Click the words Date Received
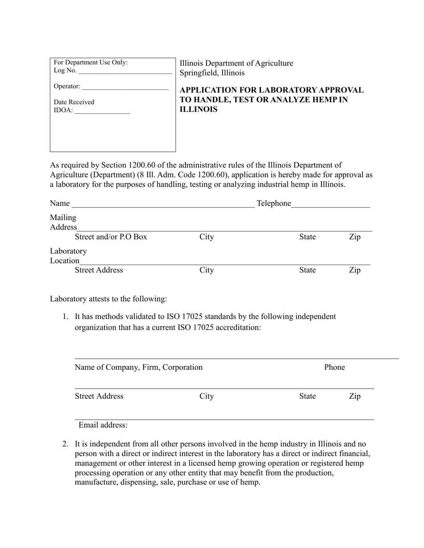click(x=74, y=102)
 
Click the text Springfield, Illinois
click(x=212, y=73)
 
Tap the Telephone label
click(x=274, y=204)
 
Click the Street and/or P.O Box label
click(x=111, y=237)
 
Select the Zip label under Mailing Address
click(x=354, y=237)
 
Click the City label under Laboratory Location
click(x=207, y=270)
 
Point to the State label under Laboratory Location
click(x=308, y=270)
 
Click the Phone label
click(x=334, y=367)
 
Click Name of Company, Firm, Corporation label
click(x=138, y=367)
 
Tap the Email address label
click(x=103, y=425)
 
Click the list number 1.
click(x=65, y=317)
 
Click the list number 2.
click(x=65, y=444)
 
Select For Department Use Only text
click(x=91, y=62)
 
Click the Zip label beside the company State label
click(x=354, y=396)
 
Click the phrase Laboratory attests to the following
click(x=108, y=299)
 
